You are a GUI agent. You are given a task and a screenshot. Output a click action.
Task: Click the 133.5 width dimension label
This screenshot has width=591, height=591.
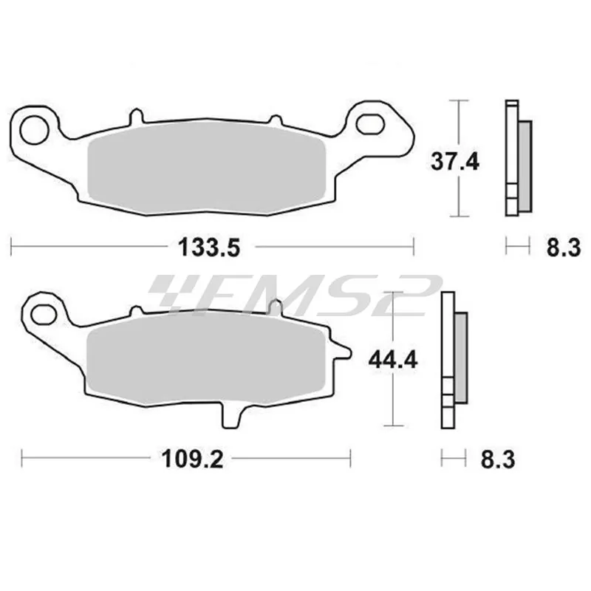point(209,247)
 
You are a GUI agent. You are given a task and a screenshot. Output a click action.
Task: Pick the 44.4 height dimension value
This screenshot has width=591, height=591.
point(392,360)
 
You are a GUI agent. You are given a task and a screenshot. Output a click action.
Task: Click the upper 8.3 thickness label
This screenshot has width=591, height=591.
point(562,247)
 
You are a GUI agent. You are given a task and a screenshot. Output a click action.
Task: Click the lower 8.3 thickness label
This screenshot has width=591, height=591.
point(497,460)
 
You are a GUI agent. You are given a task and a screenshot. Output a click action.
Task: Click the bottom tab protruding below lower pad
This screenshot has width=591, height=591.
point(232,416)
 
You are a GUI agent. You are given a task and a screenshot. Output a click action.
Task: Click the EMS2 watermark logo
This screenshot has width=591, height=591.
point(295,295)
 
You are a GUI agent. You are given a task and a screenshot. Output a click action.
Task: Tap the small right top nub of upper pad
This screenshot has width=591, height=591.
point(275,120)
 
